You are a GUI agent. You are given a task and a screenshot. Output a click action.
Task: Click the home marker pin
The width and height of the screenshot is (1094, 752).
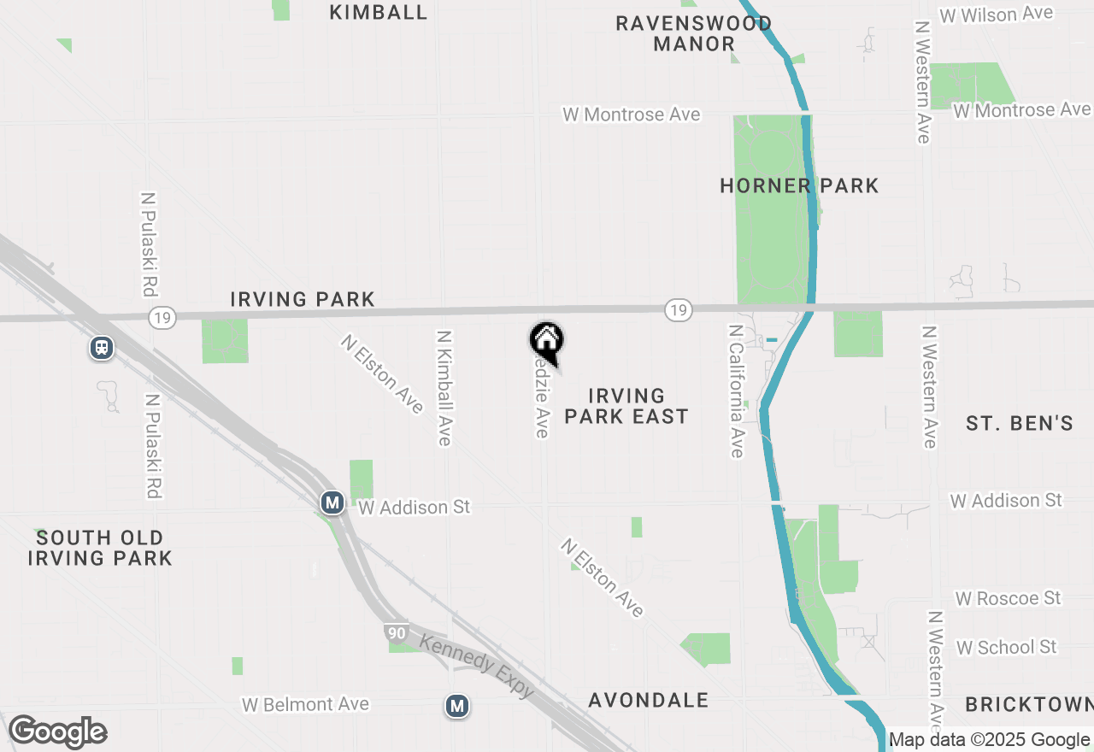coord(546,342)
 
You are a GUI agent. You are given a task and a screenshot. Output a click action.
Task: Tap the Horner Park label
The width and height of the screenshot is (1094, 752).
coord(799,185)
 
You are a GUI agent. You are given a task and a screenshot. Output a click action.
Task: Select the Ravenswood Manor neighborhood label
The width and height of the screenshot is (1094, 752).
coord(694,33)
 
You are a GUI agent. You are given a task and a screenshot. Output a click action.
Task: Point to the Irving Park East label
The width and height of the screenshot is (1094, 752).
coord(626,406)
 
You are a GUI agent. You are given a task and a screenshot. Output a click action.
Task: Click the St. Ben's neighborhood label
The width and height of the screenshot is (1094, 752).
coord(1019,422)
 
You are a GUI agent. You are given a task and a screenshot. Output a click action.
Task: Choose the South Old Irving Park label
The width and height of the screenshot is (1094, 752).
coord(100,548)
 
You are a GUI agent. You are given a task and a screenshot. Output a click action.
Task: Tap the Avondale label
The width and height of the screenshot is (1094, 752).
coord(649,700)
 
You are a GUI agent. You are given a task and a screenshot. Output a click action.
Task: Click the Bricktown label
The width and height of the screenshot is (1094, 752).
coord(1029,704)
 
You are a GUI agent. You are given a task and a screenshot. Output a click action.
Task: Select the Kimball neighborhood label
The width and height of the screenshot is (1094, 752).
coord(378,12)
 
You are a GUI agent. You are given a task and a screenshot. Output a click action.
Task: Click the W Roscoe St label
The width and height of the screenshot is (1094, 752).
coord(1008,597)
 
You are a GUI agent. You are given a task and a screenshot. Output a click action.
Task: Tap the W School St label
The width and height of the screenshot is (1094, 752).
coord(1006,647)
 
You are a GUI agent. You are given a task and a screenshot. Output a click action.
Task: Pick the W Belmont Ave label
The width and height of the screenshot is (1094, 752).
coord(305,704)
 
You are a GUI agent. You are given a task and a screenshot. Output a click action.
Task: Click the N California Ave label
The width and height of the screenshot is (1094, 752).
coord(736,390)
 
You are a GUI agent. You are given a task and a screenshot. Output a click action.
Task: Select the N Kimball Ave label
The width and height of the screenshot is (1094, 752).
coord(444,388)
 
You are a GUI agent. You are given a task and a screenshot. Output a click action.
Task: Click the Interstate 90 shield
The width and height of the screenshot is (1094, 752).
coord(395,633)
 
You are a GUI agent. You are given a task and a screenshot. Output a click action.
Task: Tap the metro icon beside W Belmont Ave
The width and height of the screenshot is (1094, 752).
coord(458,706)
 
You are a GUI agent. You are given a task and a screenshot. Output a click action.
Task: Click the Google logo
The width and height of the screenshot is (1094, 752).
coord(57,732)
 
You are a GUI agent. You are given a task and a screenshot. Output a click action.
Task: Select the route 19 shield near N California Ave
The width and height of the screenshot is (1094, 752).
coord(678,309)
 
